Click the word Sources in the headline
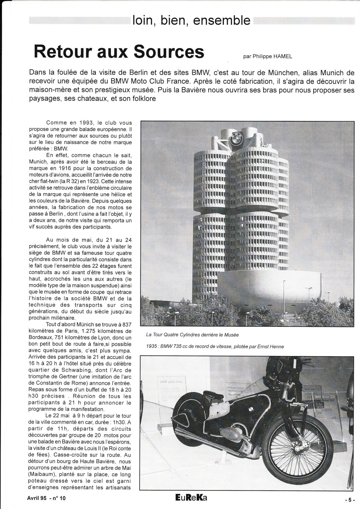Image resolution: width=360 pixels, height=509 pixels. pos(169,52)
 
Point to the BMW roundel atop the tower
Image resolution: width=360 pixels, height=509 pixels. pos(236,139)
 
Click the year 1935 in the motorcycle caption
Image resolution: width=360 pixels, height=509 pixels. pos(151,346)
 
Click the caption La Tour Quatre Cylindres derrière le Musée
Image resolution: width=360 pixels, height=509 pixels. pos(192,335)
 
